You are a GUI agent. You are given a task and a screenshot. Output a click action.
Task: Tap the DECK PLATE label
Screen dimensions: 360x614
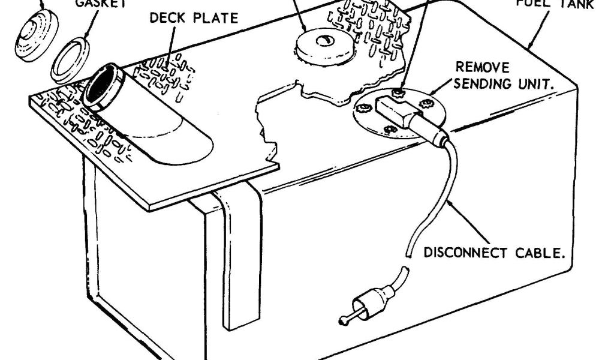click(x=194, y=18)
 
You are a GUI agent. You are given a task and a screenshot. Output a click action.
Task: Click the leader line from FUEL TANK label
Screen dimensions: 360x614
click(x=537, y=30)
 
